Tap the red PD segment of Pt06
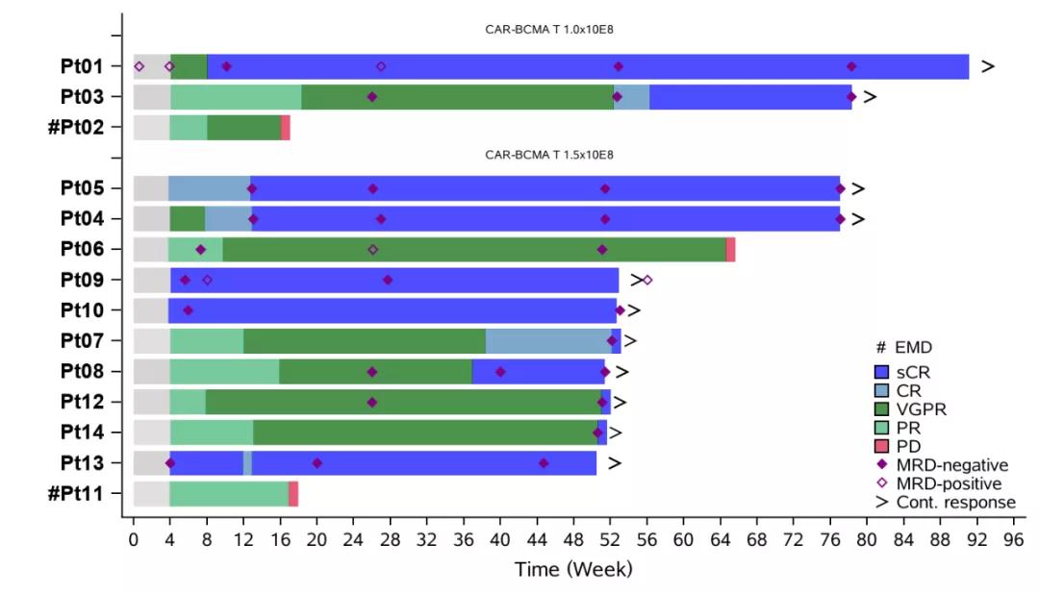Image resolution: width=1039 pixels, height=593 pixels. click(x=730, y=249)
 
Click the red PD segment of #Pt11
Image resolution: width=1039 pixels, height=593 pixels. click(x=293, y=494)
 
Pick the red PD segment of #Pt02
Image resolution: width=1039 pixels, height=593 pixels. click(x=285, y=127)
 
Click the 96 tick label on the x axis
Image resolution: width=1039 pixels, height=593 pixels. click(x=1014, y=540)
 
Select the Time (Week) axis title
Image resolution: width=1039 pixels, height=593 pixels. click(x=573, y=569)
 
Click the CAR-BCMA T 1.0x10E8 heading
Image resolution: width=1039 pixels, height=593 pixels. click(x=549, y=29)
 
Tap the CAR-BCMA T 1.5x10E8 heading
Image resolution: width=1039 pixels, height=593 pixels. click(x=549, y=154)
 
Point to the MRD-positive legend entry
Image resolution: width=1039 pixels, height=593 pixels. click(x=949, y=483)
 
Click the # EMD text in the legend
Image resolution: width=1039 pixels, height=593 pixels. click(x=903, y=347)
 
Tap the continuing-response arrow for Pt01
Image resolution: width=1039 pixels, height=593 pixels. click(x=987, y=66)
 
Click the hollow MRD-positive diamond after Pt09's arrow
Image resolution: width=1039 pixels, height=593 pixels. click(x=647, y=280)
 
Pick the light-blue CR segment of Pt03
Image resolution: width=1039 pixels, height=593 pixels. click(x=631, y=96)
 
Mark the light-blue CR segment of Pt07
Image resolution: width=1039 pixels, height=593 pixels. click(x=548, y=340)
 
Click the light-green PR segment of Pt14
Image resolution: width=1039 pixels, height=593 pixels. click(x=212, y=432)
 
